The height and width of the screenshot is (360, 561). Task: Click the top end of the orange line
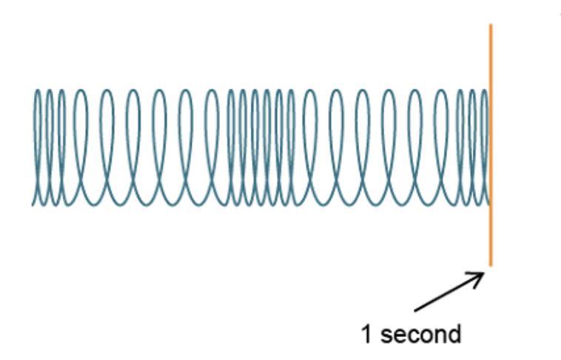pyautogui.click(x=490, y=25)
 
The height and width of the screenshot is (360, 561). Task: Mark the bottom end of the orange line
pyautogui.click(x=490, y=264)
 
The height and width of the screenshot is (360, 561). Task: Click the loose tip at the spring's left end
pyautogui.click(x=33, y=202)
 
